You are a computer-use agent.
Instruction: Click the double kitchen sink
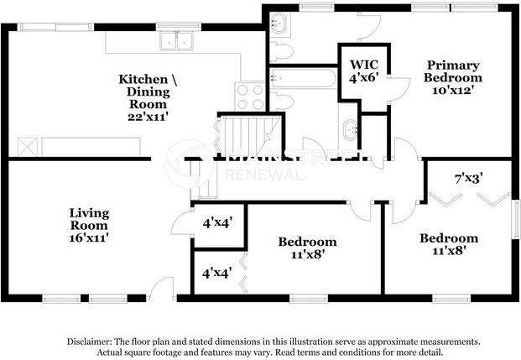tap(176, 40)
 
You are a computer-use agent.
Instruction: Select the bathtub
tap(303, 80)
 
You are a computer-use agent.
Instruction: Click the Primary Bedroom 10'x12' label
tap(452, 78)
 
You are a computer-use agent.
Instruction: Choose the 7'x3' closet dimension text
tap(468, 178)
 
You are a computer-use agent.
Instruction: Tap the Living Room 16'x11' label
tap(88, 225)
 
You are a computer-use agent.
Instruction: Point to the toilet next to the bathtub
tap(283, 102)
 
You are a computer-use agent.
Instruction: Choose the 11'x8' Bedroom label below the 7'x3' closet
tap(449, 243)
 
